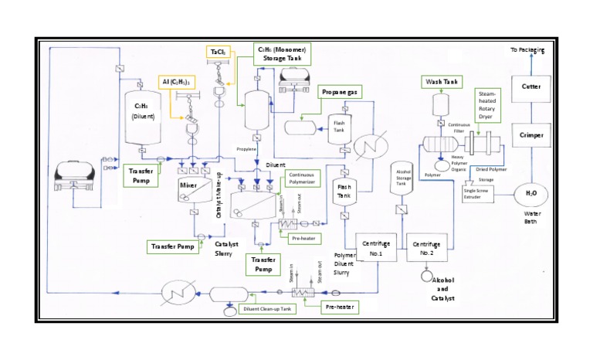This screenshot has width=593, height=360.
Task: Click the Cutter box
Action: coord(531,87)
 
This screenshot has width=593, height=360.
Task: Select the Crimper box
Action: coord(531,135)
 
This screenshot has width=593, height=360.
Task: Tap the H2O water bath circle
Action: coord(531,193)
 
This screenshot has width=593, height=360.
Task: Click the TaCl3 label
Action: coord(218,52)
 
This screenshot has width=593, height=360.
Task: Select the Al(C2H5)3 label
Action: coord(177,82)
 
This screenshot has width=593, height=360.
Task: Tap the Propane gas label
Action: coord(340,92)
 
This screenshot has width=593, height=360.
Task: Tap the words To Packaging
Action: coord(527,50)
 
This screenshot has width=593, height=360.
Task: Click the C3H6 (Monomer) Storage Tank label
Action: coord(283,53)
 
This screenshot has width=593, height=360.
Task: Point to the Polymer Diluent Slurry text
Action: coord(344,263)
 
